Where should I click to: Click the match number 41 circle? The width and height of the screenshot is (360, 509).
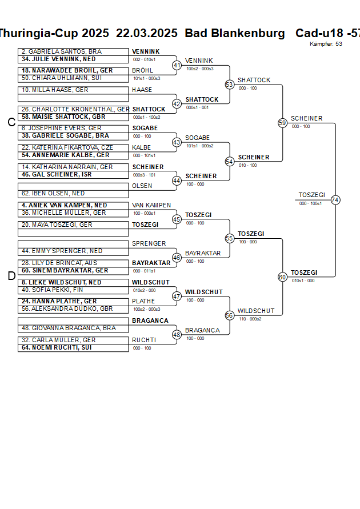point(177,65)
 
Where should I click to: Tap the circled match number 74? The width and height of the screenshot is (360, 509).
point(335,200)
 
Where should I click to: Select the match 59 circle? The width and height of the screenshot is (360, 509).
point(282,123)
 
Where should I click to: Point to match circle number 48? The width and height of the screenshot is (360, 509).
point(177,334)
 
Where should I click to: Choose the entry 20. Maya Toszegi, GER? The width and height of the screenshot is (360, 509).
point(57,225)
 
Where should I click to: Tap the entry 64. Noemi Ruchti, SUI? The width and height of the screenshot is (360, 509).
point(57,347)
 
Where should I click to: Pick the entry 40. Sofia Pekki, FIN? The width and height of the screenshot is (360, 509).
point(53,290)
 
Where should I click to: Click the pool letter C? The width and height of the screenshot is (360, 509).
point(11,122)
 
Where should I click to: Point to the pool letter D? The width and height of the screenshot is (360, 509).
point(11,276)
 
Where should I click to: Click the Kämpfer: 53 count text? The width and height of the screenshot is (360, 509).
point(326,43)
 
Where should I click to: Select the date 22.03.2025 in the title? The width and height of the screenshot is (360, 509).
point(147,33)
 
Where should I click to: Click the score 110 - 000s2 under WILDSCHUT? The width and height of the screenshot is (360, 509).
point(250,319)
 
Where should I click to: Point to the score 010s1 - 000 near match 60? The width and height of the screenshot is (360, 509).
point(303,280)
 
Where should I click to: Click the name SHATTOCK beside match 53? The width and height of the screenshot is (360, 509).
point(254,81)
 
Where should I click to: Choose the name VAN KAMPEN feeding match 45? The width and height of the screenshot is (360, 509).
point(151,205)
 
